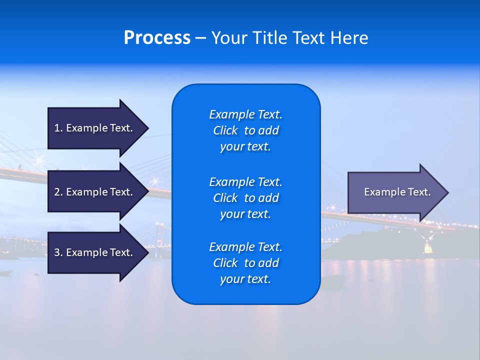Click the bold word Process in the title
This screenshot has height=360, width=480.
[157, 38]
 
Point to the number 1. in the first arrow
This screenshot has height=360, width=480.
[58, 128]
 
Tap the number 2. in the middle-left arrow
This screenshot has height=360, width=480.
[58, 192]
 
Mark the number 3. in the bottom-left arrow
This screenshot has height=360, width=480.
[58, 252]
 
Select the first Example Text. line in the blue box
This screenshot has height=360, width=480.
[245, 114]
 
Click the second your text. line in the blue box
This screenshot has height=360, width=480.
[245, 214]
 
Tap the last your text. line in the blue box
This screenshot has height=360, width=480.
[245, 279]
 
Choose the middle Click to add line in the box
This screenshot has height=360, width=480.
[245, 198]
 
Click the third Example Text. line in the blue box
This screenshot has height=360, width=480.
[245, 247]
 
